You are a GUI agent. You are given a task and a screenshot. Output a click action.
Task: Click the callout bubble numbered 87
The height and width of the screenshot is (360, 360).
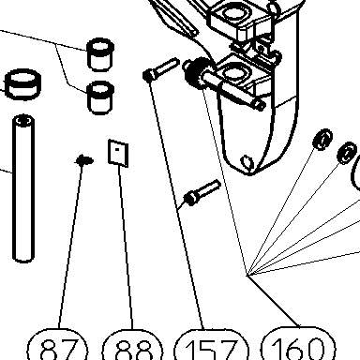[x=58, y=344]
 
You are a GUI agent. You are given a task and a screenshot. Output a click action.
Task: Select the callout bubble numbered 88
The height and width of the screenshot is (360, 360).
[x=133, y=344]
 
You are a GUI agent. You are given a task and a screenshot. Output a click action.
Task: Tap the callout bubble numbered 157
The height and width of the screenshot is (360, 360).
[x=212, y=345]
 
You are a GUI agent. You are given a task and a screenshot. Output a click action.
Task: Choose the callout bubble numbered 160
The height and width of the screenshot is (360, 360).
[x=298, y=343]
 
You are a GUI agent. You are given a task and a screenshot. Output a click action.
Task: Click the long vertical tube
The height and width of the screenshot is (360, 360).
[x=23, y=188]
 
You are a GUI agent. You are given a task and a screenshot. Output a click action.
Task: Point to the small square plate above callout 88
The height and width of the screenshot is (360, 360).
[x=118, y=153]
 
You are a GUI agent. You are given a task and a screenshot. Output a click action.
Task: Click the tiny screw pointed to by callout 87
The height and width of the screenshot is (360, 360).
[x=84, y=160]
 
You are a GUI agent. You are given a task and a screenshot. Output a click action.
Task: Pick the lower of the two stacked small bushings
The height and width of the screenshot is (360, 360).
[x=99, y=97]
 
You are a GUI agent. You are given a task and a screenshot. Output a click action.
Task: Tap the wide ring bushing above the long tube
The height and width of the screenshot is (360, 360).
[x=23, y=83]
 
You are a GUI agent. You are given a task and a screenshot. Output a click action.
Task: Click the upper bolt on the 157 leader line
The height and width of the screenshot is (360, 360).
[x=160, y=69]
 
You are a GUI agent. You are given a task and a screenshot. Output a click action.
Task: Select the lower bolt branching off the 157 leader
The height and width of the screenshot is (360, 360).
[x=202, y=193]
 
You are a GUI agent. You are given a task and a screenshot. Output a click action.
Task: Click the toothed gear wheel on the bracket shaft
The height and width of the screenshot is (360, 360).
[x=196, y=73]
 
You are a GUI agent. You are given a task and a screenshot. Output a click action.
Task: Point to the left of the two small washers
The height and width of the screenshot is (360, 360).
[x=322, y=139]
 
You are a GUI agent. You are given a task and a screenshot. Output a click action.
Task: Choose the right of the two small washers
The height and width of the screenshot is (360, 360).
[x=347, y=153]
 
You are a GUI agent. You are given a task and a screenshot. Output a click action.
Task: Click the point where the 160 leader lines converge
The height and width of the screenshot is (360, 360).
[x=247, y=276]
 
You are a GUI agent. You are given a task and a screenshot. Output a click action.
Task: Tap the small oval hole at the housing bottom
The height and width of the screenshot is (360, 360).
[x=247, y=163]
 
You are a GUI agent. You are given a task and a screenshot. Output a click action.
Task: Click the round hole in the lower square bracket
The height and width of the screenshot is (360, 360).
[x=232, y=73]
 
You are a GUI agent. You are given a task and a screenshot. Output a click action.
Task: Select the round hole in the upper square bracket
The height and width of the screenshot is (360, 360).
[x=232, y=13]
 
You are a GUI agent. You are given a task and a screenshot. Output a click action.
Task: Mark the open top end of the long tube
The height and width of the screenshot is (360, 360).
[x=23, y=120]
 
